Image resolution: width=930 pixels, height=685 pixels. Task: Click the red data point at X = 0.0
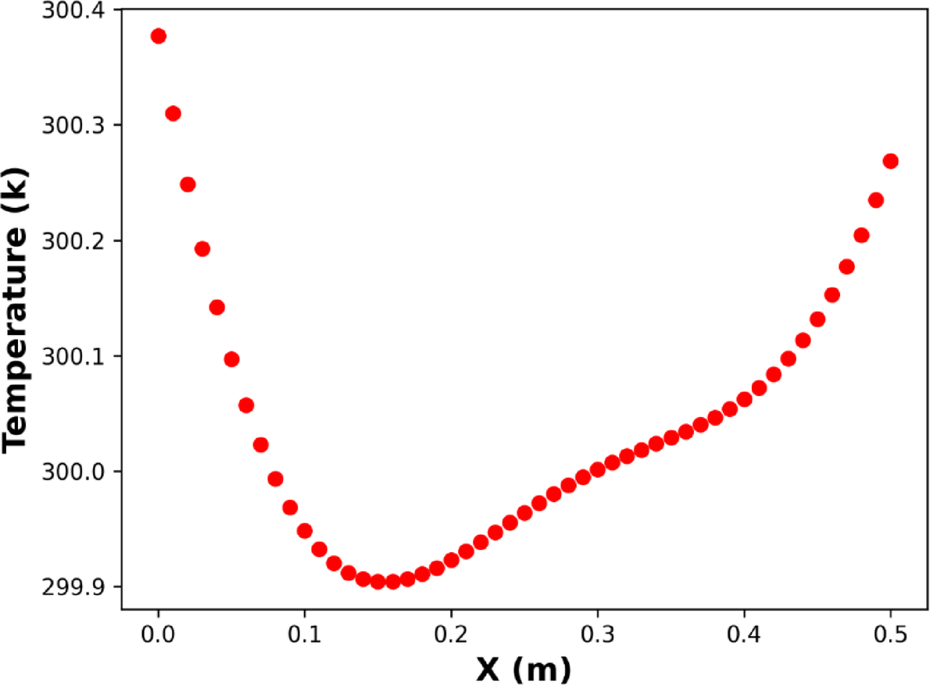(159, 36)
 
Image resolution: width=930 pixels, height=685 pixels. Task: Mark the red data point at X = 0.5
(890, 161)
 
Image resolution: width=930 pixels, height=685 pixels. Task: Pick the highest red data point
(159, 36)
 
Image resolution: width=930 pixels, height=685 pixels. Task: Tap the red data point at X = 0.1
(305, 531)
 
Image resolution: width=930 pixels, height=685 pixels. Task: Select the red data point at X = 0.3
(598, 469)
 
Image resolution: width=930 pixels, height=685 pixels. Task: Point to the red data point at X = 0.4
(744, 399)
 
